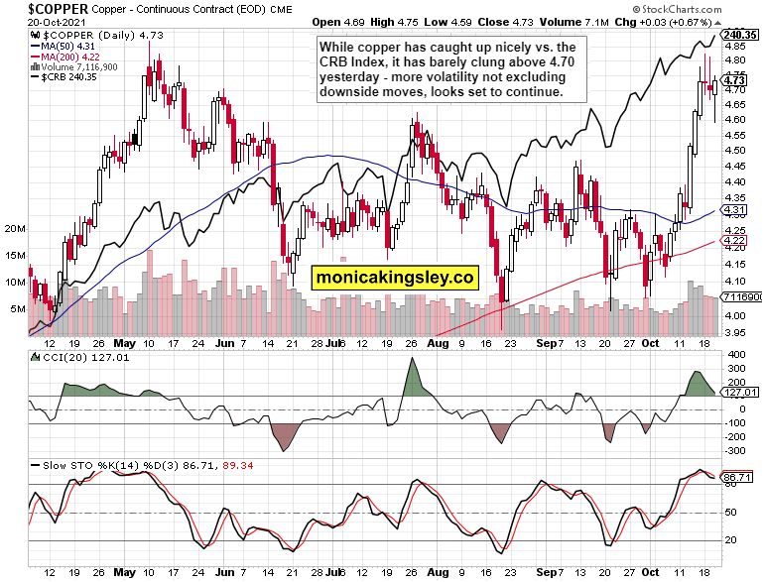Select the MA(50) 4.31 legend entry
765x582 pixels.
[66, 44]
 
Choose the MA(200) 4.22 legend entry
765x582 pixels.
[69, 56]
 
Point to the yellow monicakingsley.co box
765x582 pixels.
[394, 278]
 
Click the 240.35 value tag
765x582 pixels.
[741, 34]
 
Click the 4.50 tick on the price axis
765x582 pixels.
[735, 151]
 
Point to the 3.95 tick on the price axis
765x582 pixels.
[735, 332]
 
